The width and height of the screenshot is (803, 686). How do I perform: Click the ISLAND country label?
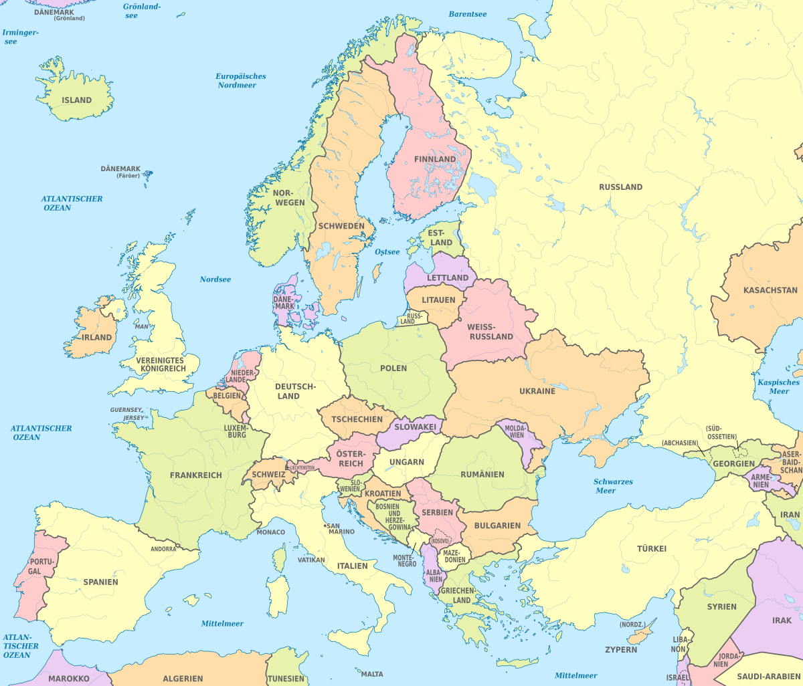point(76,100)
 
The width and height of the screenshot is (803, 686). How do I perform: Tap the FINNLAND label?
point(435,159)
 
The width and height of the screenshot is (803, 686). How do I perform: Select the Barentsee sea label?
point(468,14)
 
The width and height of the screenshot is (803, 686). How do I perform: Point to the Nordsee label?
point(215,279)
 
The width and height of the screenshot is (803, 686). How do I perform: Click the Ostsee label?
point(387,252)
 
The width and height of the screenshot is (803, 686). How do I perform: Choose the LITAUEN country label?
point(438,300)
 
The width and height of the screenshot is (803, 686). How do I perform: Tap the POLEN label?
point(393,368)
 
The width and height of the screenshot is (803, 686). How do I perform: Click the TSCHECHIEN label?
point(357,419)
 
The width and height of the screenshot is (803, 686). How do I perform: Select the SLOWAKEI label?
point(415,427)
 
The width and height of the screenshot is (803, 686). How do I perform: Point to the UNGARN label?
point(407,462)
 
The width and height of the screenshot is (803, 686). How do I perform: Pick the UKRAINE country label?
point(537,390)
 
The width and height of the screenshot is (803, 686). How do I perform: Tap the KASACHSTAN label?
point(770,290)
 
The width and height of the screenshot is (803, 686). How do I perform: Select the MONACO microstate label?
point(270,532)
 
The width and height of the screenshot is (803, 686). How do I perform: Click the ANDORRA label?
point(163,549)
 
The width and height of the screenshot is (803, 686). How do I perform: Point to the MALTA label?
point(373,674)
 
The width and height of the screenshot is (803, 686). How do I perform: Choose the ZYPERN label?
point(621,649)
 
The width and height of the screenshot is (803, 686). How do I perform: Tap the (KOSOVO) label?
point(439,540)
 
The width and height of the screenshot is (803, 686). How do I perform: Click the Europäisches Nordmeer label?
point(241,81)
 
